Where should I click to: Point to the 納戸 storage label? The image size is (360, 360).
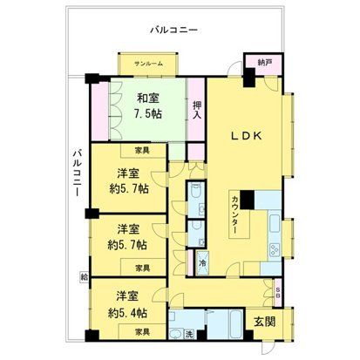click(x=264, y=63)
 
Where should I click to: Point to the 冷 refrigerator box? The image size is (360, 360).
click(x=202, y=263)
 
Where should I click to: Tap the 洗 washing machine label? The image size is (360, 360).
click(x=189, y=335)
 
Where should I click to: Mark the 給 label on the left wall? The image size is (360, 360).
click(x=85, y=275)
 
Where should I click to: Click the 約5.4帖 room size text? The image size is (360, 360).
click(x=127, y=311)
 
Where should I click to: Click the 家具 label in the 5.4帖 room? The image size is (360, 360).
click(x=145, y=333)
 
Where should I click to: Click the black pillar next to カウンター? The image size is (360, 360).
click(x=248, y=199)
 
